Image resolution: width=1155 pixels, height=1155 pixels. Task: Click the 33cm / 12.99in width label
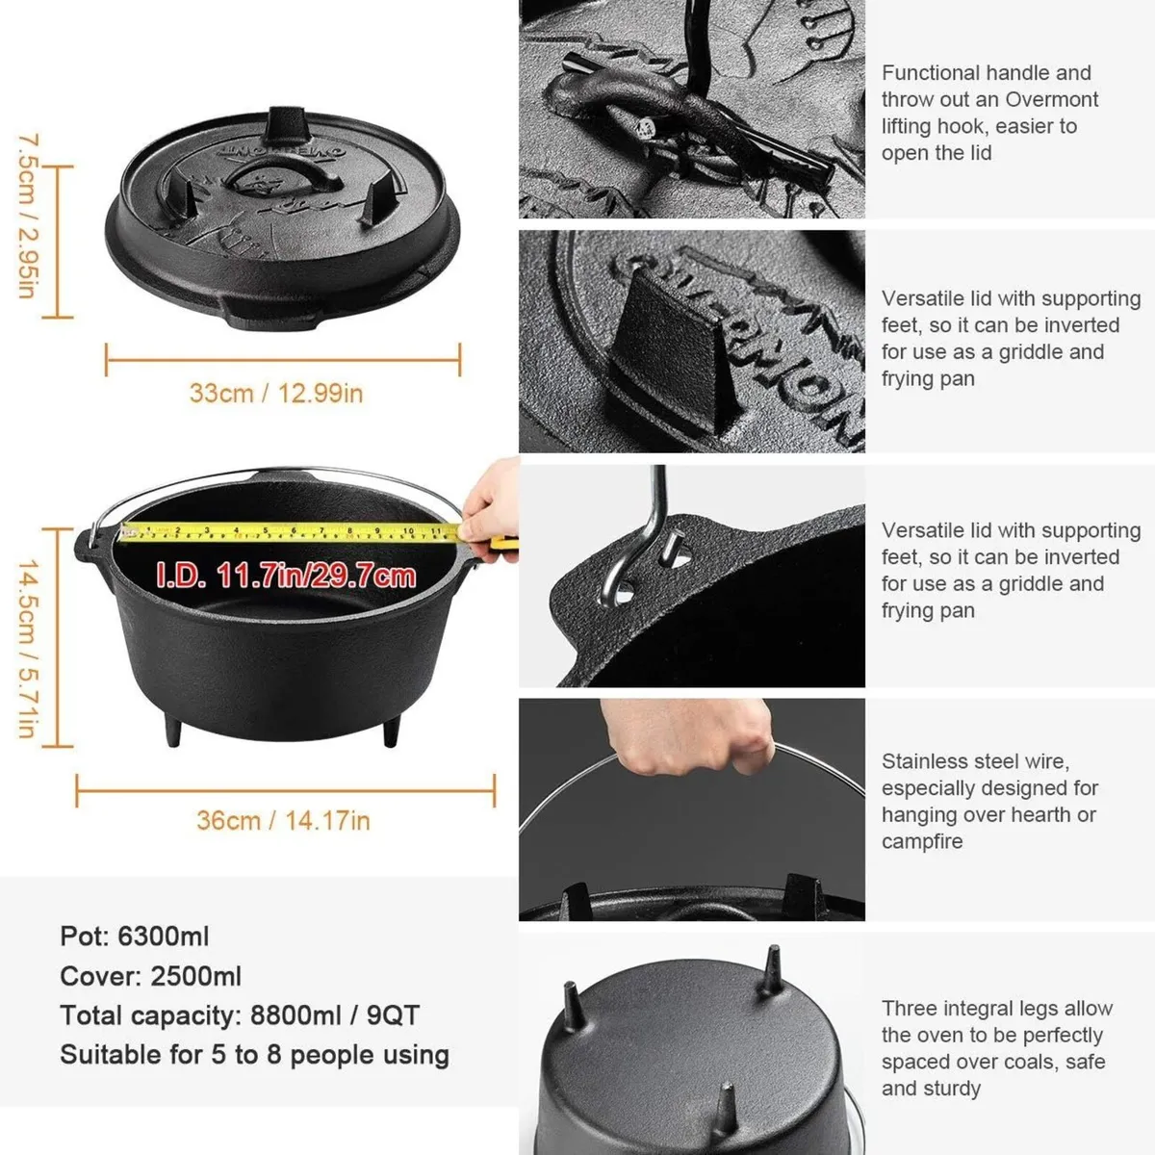coord(276,393)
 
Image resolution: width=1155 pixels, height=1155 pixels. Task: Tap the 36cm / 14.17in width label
coord(283,820)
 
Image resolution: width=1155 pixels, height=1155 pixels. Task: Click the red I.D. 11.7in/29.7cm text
coord(286,577)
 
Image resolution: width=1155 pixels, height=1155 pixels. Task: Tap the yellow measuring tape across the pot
coord(289,531)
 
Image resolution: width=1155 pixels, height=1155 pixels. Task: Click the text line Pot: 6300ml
coord(134,937)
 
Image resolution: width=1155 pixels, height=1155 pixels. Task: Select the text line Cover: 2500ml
coord(150,976)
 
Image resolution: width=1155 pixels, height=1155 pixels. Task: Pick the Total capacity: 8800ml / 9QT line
coord(240,1015)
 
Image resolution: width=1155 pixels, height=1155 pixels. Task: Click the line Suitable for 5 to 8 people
coord(254,1055)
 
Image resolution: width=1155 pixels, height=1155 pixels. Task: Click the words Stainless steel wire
coord(975,761)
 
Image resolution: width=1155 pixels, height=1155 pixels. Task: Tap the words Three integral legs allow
coord(996,1009)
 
